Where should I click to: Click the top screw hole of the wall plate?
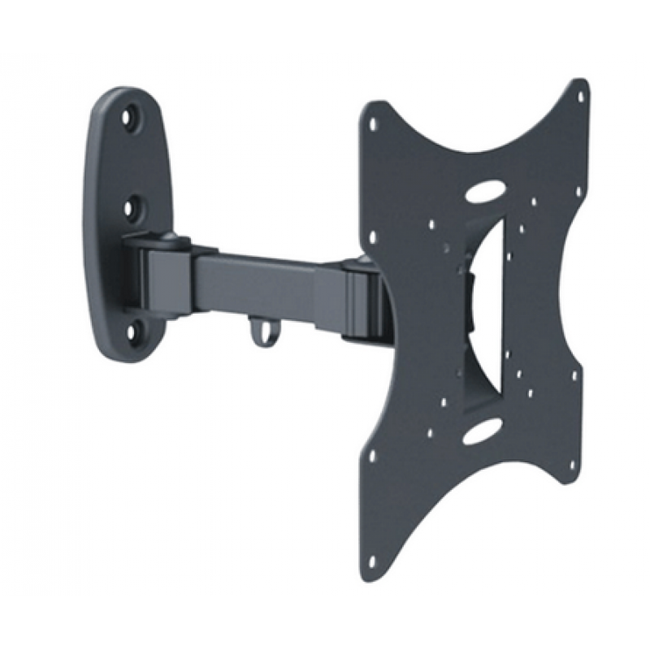[x=129, y=118]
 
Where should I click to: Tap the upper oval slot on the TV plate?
[x=485, y=194]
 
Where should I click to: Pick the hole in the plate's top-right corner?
[x=580, y=97]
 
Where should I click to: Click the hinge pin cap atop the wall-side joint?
[x=168, y=237]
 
